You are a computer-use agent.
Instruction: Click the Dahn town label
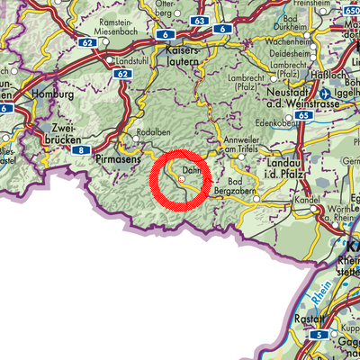click(x=190, y=168)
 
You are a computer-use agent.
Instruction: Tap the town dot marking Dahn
click(x=182, y=179)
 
